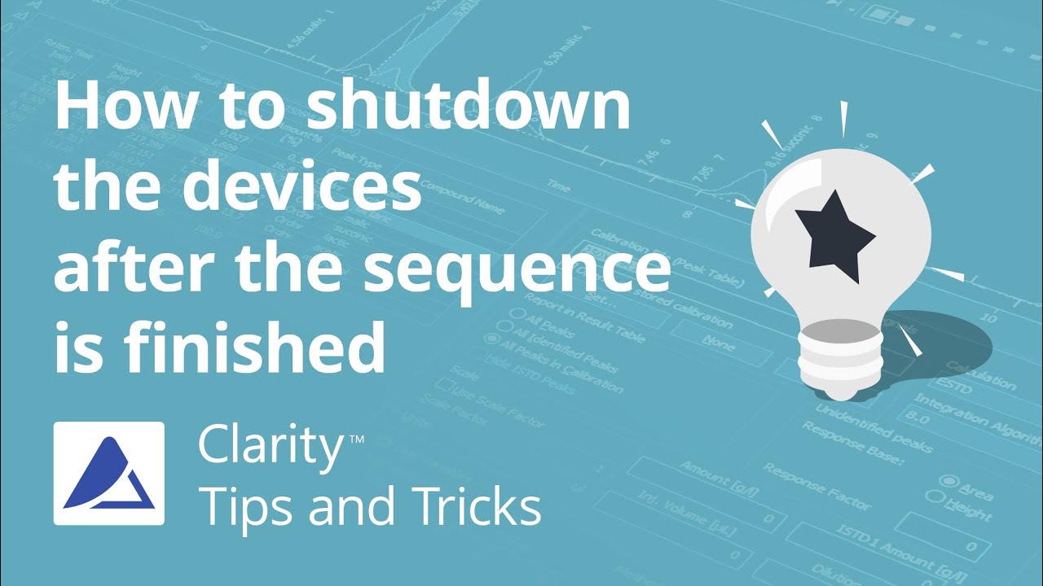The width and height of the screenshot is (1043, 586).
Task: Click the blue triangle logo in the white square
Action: pyautogui.click(x=109, y=473)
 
